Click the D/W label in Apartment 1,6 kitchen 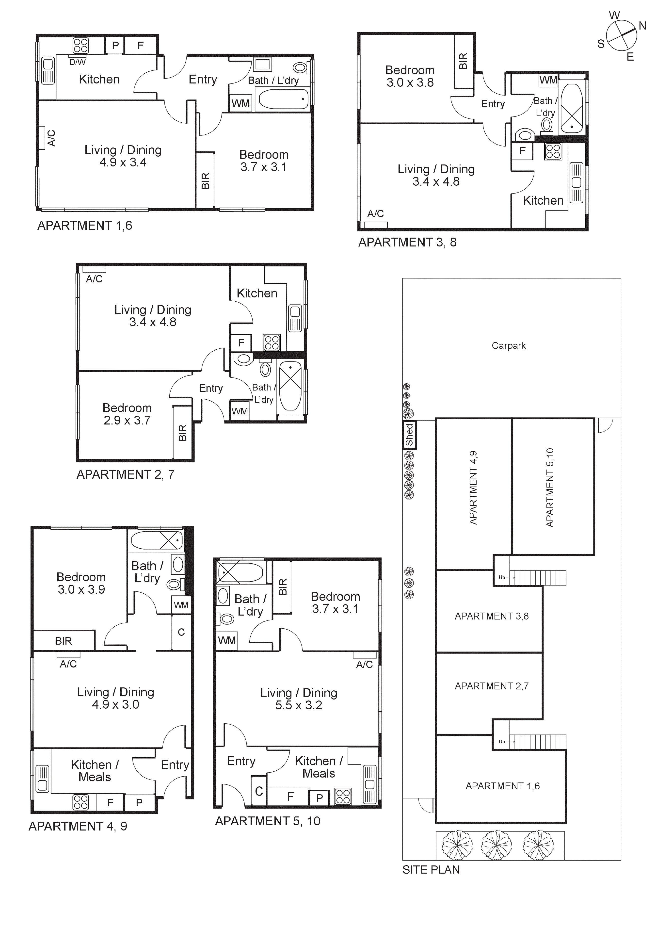77,62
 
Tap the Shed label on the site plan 409,435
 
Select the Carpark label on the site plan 509,346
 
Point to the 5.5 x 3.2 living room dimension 298,705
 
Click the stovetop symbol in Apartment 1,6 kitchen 80,46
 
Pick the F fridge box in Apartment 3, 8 522,151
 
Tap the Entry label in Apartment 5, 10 241,761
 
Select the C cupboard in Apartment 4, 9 181,632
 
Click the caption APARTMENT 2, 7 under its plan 125,474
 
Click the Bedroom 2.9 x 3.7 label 127,414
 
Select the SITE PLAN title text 431,870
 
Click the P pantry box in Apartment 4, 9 139,803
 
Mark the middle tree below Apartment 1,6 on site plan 496,845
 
